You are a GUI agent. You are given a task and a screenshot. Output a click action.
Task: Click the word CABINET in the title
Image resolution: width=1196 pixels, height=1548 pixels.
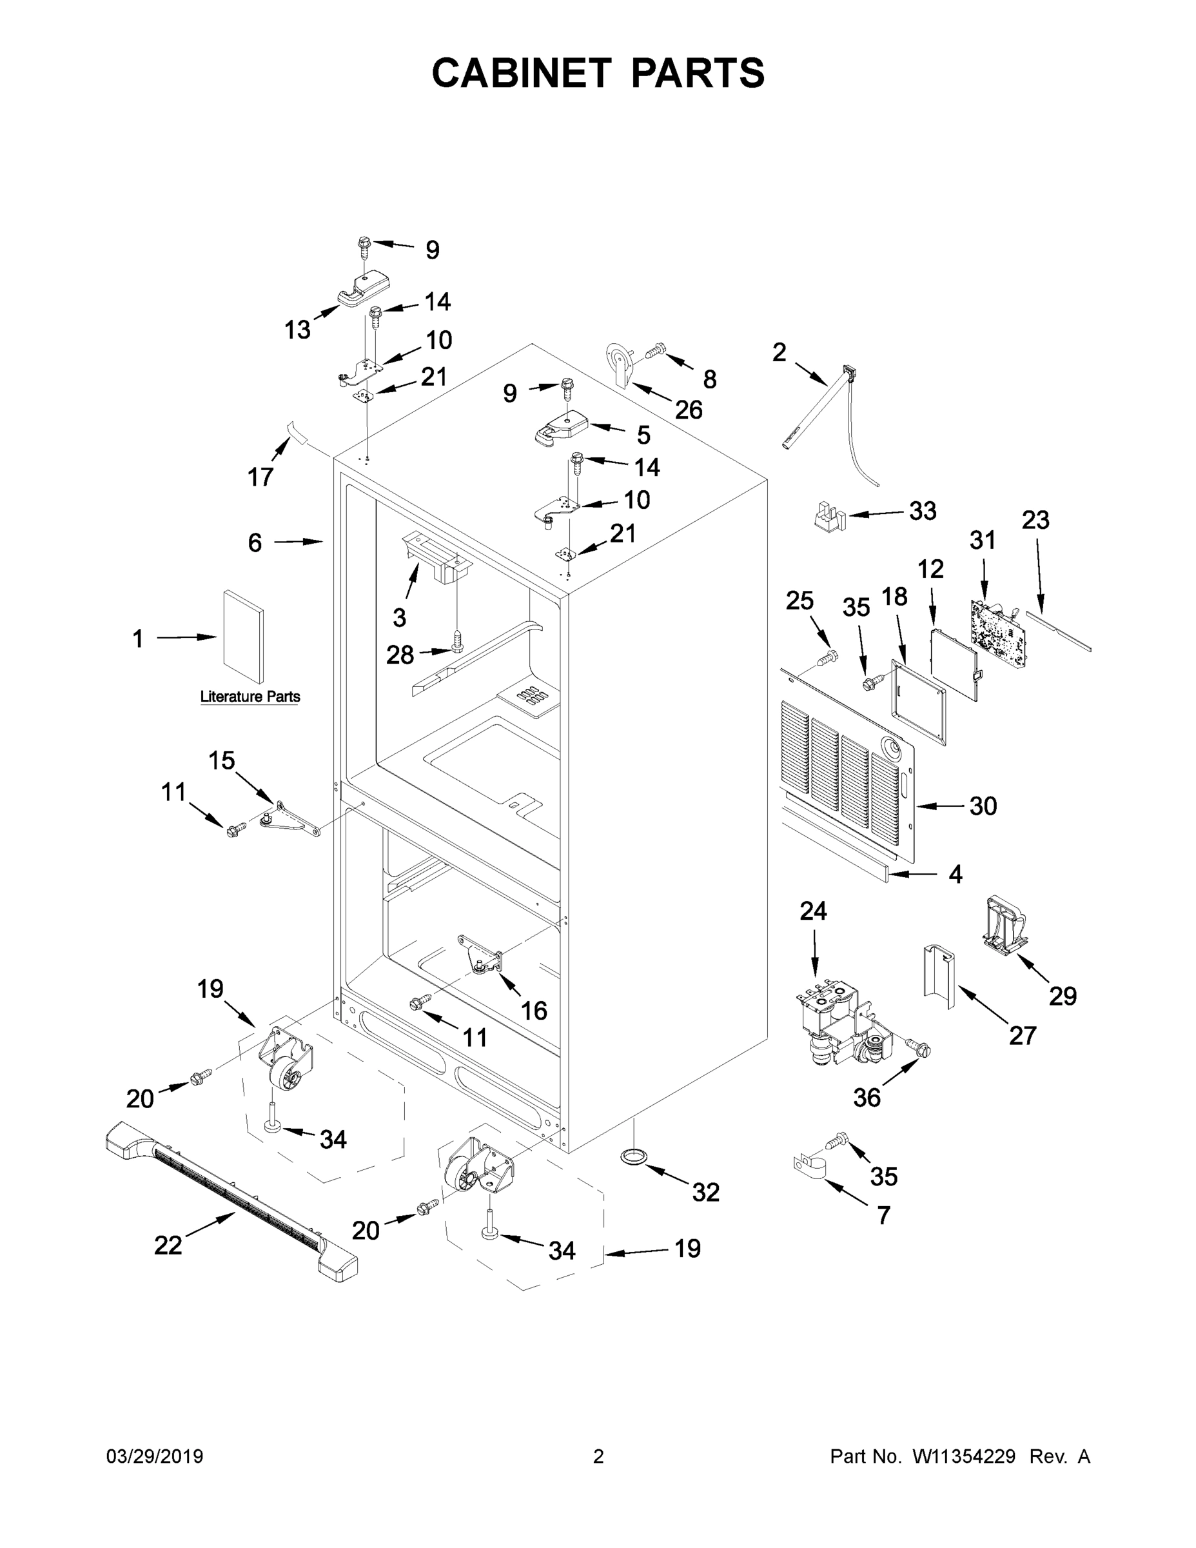522,73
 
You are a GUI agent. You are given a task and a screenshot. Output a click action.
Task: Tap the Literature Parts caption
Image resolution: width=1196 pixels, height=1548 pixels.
250,697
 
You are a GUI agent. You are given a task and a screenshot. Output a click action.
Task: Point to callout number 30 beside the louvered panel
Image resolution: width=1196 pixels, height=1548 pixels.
982,806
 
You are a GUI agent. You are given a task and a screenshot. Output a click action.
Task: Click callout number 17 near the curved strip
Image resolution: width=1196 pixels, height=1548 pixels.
260,477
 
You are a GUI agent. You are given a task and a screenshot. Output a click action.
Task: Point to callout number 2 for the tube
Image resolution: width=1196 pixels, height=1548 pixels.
779,352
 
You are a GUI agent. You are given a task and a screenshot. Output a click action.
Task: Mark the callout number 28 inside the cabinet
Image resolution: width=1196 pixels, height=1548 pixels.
400,655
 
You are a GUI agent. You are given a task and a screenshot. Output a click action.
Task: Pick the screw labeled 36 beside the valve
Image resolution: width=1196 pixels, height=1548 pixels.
919,1047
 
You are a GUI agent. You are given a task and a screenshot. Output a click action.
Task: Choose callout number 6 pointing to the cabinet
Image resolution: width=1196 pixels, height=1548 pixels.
255,543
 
